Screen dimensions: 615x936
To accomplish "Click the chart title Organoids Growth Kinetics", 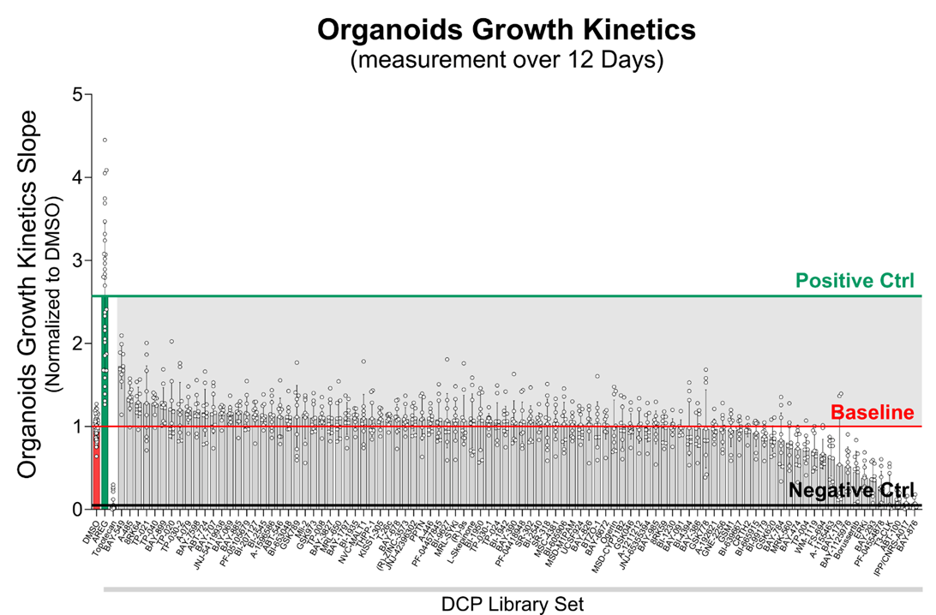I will coord(506,31).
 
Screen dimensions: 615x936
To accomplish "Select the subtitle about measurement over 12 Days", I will coord(506,61).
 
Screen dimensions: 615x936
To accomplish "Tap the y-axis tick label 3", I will coord(77,260).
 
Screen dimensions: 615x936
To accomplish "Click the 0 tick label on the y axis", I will coord(77,509).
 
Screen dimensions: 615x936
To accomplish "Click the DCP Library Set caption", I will coord(513,604).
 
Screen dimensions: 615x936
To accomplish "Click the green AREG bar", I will coord(105,403).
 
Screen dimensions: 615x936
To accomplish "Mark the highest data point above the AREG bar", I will coord(105,140).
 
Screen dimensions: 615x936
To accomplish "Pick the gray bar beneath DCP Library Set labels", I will coord(513,589).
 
